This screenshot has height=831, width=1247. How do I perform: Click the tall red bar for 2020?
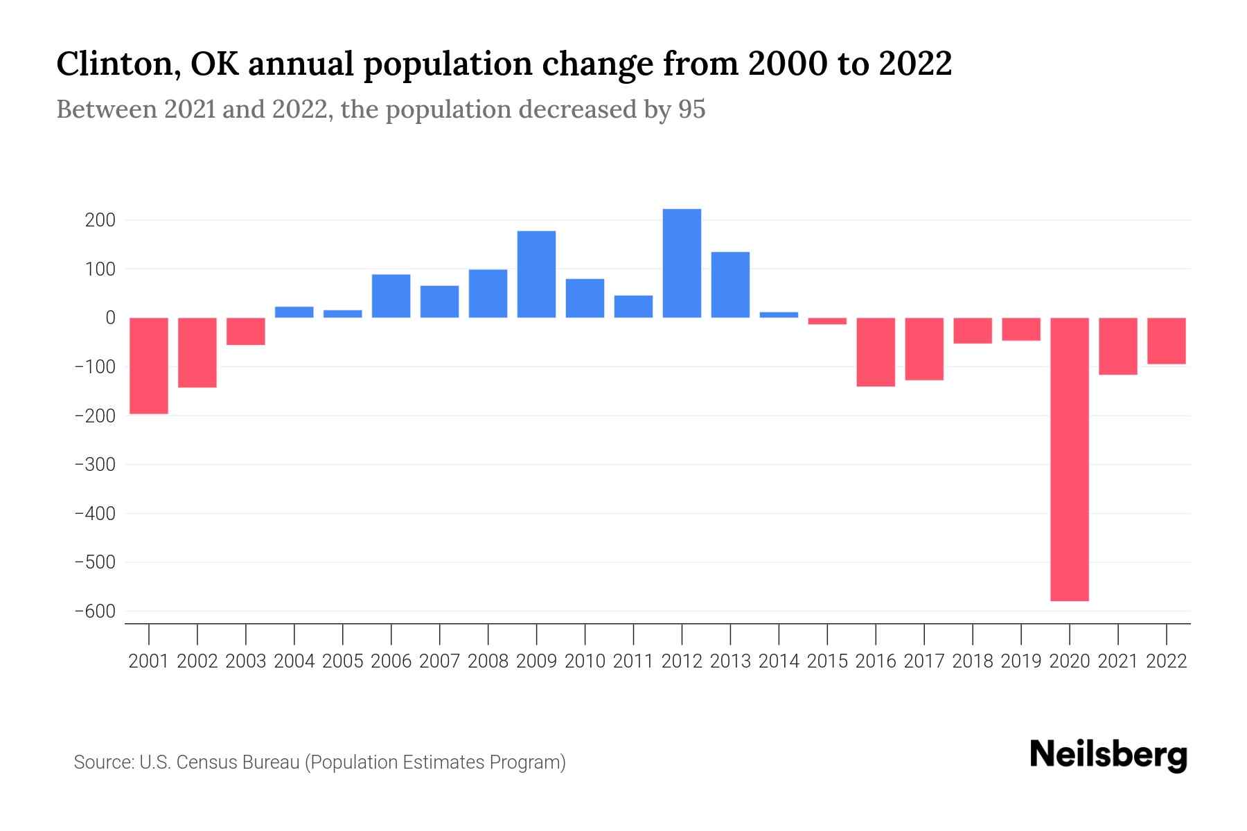click(x=1069, y=459)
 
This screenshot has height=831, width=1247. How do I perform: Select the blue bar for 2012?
click(x=682, y=263)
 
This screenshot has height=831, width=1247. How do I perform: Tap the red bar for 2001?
click(x=149, y=366)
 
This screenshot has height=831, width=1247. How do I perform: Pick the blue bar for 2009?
click(x=536, y=274)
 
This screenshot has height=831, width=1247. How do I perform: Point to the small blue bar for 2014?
click(x=779, y=315)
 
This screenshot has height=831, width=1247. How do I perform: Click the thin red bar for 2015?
click(x=827, y=321)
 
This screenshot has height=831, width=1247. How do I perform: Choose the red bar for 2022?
click(x=1166, y=341)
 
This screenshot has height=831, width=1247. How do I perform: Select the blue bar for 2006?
click(x=391, y=296)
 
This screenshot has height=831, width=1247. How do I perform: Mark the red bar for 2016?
click(x=876, y=352)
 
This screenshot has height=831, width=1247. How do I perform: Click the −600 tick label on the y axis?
click(x=95, y=611)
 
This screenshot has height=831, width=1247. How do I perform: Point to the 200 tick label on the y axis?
click(x=100, y=220)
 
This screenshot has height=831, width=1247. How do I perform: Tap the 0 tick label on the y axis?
click(x=110, y=318)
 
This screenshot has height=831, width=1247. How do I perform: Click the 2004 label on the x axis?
click(x=294, y=661)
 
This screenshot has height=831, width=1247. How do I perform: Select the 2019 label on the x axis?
click(x=1020, y=661)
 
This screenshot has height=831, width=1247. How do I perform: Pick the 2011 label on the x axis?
click(x=633, y=661)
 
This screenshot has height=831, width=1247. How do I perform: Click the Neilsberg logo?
click(x=1108, y=755)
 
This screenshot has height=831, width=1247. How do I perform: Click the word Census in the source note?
click(x=202, y=762)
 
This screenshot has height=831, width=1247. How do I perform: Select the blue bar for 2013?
click(x=730, y=285)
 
